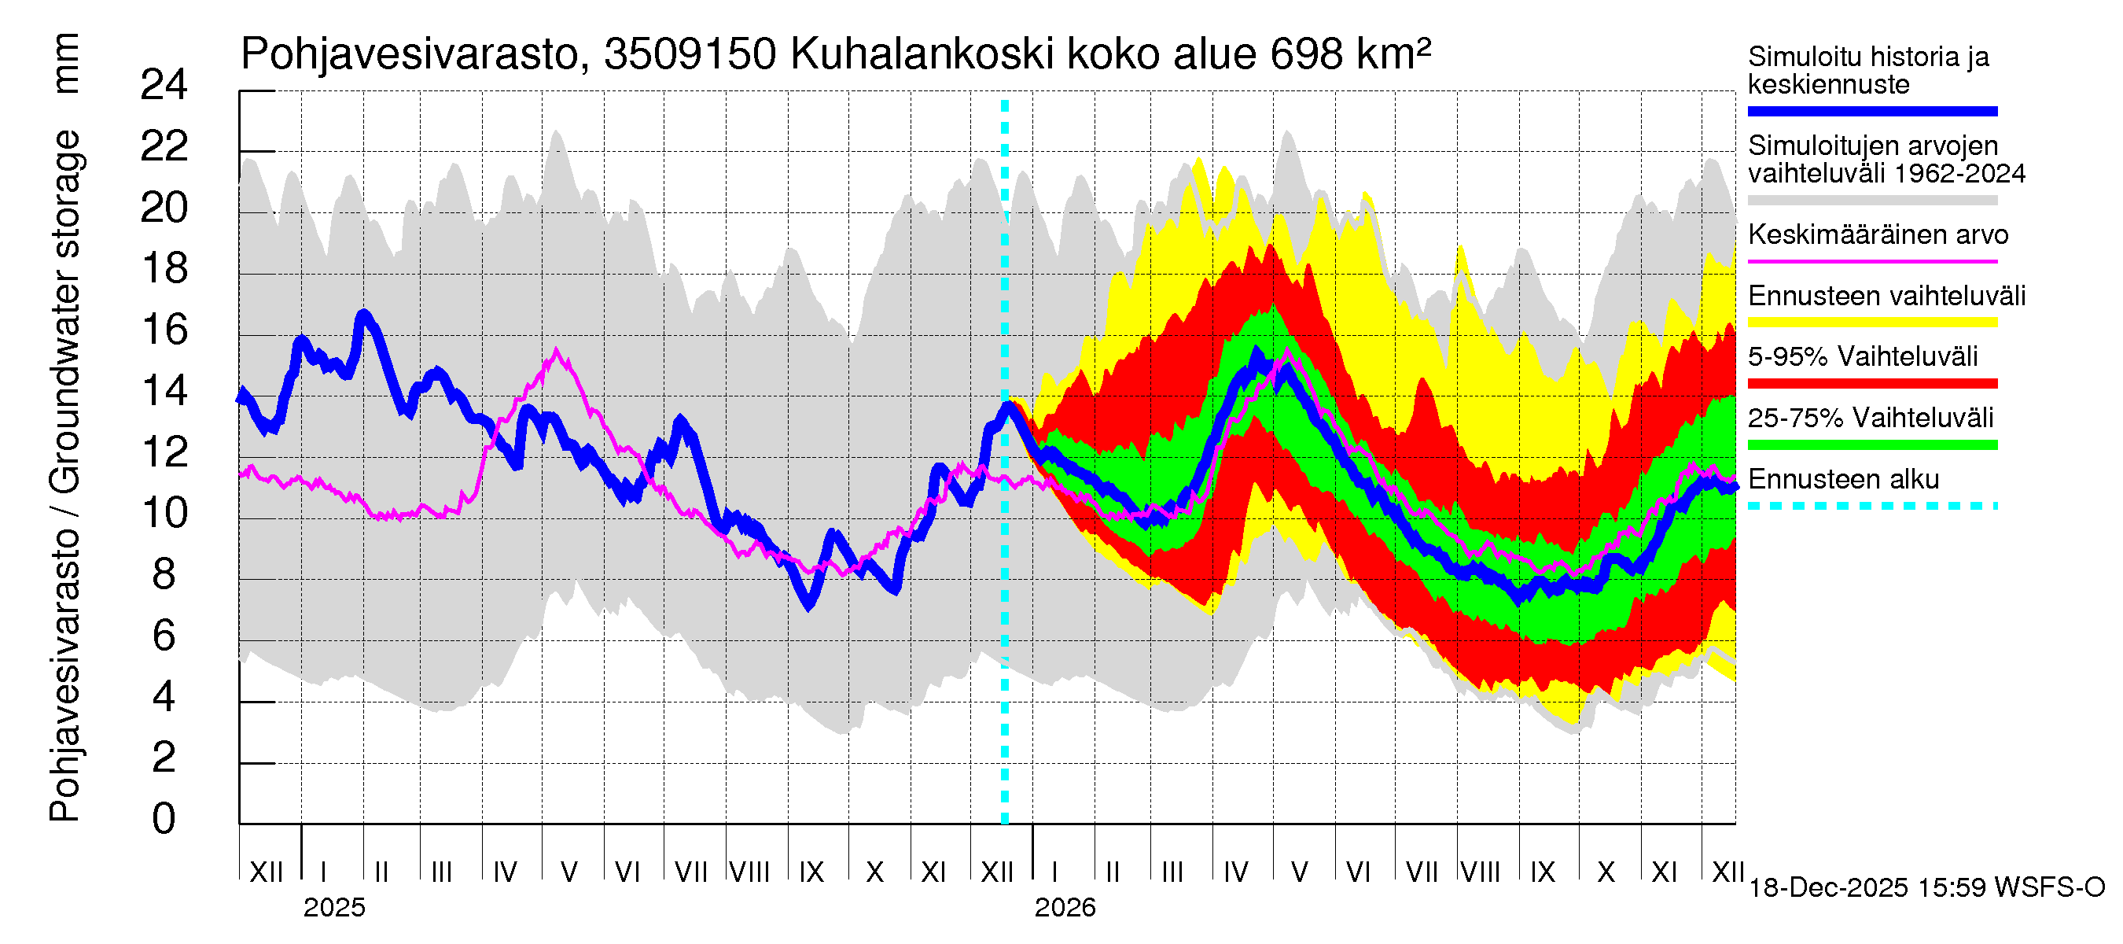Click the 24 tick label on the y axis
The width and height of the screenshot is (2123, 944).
(164, 86)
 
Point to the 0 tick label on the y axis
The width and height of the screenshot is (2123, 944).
(164, 819)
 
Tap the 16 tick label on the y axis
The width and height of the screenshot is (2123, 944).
(164, 330)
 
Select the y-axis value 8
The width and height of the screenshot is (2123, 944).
(164, 574)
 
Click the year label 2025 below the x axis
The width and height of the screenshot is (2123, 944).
(333, 908)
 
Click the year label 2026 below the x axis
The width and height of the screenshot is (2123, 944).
(1065, 908)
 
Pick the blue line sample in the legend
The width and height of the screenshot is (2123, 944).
(1871, 111)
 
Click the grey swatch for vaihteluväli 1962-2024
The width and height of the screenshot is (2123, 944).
(1871, 201)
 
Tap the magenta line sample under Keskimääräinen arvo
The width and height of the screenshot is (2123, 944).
(1871, 261)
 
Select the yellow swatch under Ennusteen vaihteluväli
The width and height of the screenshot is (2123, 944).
(1871, 323)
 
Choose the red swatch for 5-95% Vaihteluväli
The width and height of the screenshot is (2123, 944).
(1871, 383)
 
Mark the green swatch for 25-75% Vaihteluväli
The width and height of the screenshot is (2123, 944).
(1871, 445)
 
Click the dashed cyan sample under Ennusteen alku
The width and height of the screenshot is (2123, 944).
(1871, 505)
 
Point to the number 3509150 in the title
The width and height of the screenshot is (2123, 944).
(690, 55)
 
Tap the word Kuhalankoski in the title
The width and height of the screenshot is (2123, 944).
(922, 55)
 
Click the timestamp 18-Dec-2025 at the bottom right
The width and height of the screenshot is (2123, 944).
(1827, 888)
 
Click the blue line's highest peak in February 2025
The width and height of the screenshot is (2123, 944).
(364, 314)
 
